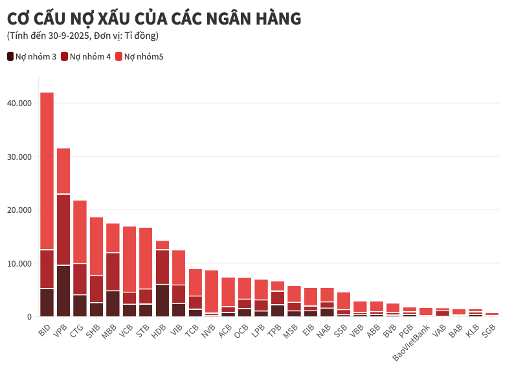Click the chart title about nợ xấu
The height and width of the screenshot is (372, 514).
click(x=154, y=19)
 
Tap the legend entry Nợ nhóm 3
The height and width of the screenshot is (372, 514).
click(x=32, y=56)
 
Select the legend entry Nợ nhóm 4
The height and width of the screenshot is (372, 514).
click(x=86, y=56)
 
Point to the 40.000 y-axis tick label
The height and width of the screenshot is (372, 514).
click(x=19, y=103)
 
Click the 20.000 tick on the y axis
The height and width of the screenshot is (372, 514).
click(x=19, y=210)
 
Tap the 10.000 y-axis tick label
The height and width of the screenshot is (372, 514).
click(x=19, y=264)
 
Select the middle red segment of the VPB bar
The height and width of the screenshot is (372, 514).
click(x=63, y=230)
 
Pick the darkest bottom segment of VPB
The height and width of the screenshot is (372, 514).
click(x=63, y=290)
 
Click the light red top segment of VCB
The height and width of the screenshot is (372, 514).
click(x=129, y=259)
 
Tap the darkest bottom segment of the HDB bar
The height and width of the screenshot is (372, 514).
click(x=162, y=300)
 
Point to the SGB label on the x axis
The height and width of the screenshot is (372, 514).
click(x=489, y=329)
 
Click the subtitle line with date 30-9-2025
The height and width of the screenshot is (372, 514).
click(x=83, y=36)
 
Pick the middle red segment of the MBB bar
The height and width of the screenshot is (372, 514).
click(x=113, y=272)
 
